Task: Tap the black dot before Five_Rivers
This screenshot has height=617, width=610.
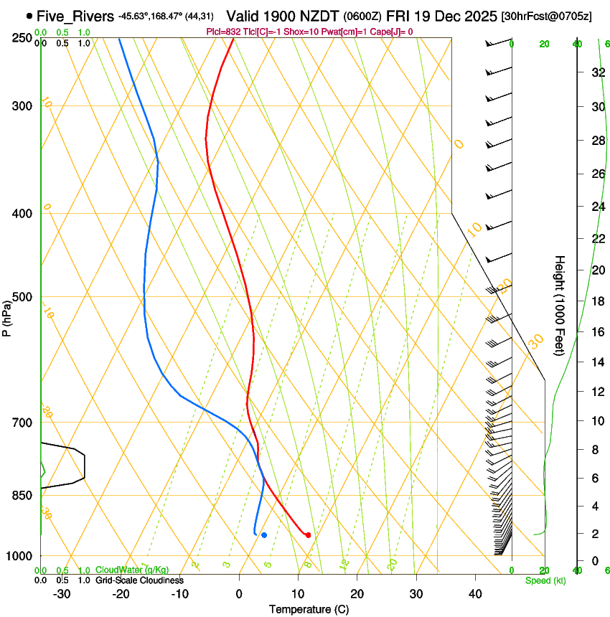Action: pos(29,15)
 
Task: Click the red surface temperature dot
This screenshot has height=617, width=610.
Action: pos(308,535)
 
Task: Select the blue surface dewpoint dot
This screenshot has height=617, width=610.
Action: pos(264,535)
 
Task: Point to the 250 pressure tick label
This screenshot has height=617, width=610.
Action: pos(22,37)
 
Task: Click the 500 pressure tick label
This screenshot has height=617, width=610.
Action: pos(22,297)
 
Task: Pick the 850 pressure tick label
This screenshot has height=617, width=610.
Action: pos(22,496)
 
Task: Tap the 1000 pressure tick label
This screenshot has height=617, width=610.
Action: pos(19,556)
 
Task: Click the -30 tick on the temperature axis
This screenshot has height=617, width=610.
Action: pos(62,594)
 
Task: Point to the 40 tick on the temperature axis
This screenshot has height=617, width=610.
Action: pos(475,594)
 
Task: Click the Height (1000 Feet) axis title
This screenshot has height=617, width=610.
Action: pos(560,306)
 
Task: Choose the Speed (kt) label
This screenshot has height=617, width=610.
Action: pos(545,580)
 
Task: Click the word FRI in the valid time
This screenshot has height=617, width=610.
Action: pos(399,15)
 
